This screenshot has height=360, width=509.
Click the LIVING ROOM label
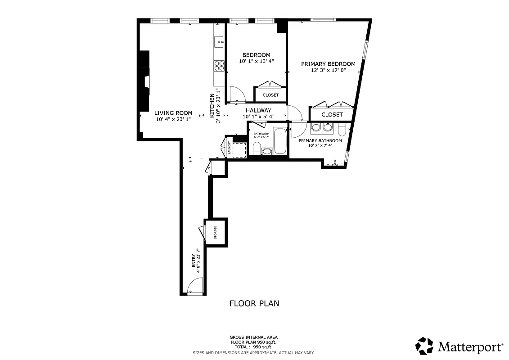(173, 113)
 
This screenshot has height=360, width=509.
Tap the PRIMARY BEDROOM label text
(328, 64)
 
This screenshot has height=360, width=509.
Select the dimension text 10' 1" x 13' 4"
(256, 61)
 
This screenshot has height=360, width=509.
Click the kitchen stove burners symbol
(219, 66)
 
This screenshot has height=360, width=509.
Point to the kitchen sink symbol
(220, 42)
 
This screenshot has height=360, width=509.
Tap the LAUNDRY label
(229, 148)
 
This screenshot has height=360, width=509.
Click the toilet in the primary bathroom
(342, 130)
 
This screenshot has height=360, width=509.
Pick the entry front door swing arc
(194, 285)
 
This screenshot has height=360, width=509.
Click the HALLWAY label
(258, 110)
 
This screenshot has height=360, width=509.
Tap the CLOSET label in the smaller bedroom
(270, 95)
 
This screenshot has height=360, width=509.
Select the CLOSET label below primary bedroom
(332, 115)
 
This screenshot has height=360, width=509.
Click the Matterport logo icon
(424, 346)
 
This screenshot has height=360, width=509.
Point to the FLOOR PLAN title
(254, 303)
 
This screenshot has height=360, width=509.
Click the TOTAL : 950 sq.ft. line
(254, 347)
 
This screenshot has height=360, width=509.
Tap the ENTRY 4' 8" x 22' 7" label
(196, 261)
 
